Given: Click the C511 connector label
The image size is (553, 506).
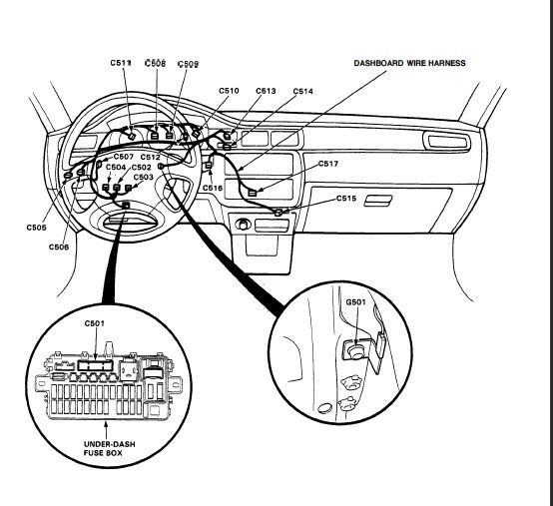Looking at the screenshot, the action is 121,63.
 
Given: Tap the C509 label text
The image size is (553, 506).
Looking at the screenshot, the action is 188,64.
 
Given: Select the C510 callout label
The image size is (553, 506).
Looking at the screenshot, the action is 229,91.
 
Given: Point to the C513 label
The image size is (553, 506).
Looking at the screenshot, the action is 266,91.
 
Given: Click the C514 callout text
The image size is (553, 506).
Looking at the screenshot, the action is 302,92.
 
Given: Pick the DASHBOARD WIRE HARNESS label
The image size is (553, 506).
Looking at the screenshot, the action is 410,63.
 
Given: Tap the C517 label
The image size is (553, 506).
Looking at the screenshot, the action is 328,164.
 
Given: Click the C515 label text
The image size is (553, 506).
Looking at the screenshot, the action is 346,199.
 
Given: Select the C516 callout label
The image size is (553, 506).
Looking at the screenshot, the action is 213,188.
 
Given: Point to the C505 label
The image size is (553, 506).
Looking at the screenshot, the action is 36,228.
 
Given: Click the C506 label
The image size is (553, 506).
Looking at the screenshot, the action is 59,247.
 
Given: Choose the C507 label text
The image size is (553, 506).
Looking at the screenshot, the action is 124,157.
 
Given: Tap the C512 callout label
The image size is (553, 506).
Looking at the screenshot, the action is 151,157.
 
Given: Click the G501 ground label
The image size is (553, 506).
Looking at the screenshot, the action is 355,302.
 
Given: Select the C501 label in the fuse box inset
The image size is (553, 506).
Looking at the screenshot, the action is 95,323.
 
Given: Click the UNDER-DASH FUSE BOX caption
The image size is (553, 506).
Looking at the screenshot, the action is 110,448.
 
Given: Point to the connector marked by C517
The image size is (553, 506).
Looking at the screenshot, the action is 253,193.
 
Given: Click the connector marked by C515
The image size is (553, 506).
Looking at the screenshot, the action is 278,213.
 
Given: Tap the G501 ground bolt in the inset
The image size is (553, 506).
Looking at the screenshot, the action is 356,351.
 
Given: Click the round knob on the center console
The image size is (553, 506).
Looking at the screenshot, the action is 243,225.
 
